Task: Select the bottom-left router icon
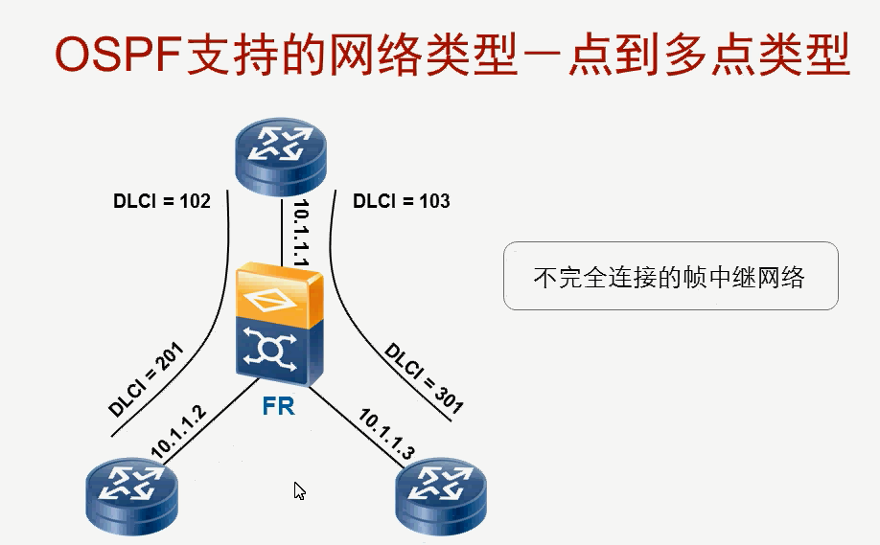[131, 493]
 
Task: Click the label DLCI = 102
[161, 202]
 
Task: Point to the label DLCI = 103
[401, 202]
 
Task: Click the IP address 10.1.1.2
[179, 430]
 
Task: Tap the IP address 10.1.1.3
[386, 436]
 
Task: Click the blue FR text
[278, 406]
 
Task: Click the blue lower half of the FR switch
[279, 349]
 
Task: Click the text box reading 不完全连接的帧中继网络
[670, 277]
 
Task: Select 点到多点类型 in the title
[707, 57]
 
